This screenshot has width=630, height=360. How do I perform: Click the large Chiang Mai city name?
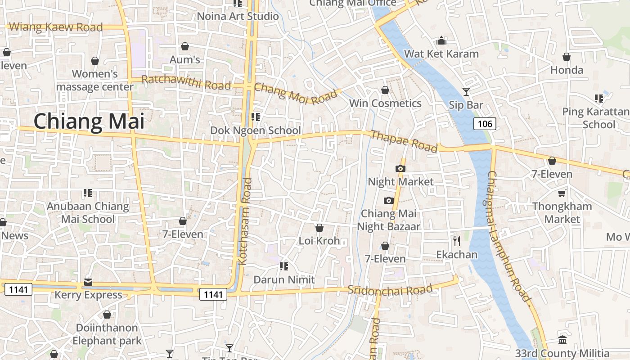pos(89,122)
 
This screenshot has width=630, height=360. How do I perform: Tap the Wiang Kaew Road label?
pos(56,27)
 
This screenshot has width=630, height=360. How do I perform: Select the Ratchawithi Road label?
pos(186,82)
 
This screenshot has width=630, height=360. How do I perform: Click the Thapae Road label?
pos(404,141)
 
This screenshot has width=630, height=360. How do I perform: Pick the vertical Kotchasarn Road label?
pos(247,220)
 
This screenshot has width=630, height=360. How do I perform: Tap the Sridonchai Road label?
pos(390,289)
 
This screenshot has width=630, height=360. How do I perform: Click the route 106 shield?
pos(484,124)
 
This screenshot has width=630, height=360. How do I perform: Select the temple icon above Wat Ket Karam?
pos(441,41)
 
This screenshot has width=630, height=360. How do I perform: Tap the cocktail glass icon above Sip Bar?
pos(466,92)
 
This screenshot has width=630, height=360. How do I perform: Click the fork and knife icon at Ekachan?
pos(457,241)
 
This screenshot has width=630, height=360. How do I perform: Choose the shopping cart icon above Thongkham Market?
pos(562,193)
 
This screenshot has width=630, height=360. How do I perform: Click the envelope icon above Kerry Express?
pos(88,282)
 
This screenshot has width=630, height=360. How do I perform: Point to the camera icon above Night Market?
pos(400,169)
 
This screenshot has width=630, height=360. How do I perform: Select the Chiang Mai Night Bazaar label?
pos(389,220)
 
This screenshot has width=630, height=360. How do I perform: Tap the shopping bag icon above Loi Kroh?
pos(319,228)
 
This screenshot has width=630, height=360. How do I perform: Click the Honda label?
pos(567,70)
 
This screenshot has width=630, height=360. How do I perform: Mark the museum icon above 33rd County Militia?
pos(562,340)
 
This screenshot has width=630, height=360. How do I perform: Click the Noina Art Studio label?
pos(238,16)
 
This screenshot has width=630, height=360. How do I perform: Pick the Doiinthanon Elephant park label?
pos(107,334)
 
